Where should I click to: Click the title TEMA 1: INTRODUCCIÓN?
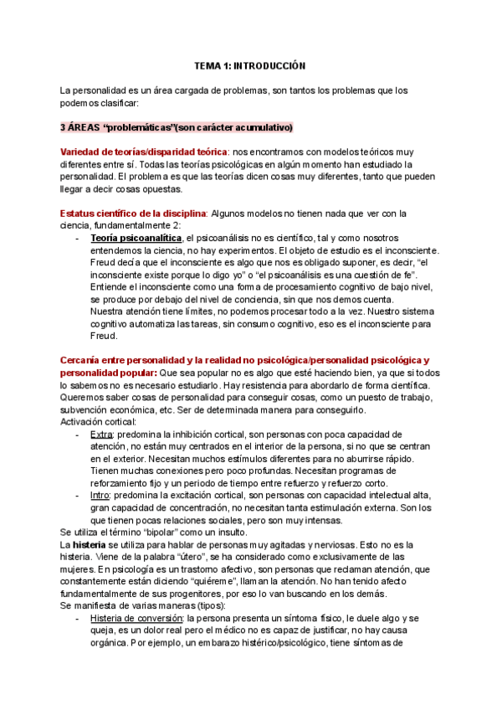click(x=250, y=64)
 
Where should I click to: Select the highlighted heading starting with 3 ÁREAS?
click(x=176, y=127)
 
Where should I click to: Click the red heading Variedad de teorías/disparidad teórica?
click(x=143, y=152)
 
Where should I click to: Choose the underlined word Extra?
click(x=100, y=434)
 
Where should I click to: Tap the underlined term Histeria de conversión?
click(x=141, y=618)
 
